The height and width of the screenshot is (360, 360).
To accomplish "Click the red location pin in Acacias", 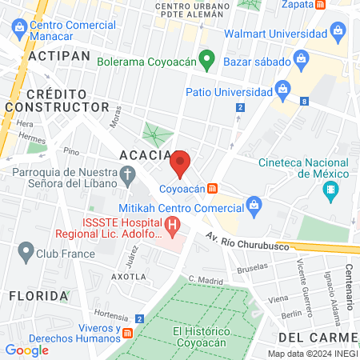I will click(180, 163).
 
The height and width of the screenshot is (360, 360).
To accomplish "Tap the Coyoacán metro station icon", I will click(212, 189).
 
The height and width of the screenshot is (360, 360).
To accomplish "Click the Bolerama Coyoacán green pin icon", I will click(206, 60).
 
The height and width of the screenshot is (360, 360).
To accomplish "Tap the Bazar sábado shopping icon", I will click(301, 58).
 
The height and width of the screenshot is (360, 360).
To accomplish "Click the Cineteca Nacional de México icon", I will click(330, 190).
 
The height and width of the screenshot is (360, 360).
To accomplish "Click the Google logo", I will click(26, 350).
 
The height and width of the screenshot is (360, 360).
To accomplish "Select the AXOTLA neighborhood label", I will click(129, 276).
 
